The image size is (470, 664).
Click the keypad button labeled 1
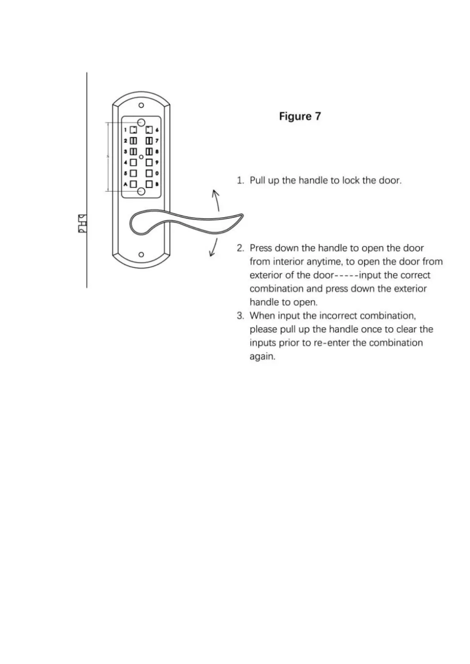click(x=133, y=130)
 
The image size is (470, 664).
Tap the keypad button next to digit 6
click(x=149, y=130)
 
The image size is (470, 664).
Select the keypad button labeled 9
click(x=149, y=162)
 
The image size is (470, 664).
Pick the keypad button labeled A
click(x=133, y=184)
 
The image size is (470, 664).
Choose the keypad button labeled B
click(x=149, y=184)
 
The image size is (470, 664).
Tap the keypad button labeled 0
click(x=149, y=173)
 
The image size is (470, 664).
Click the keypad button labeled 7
click(x=149, y=140)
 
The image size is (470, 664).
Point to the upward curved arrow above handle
click(x=216, y=200)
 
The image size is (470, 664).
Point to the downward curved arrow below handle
click(x=214, y=248)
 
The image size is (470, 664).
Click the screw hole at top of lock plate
click(x=141, y=105)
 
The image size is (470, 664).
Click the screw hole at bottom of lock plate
click(x=141, y=255)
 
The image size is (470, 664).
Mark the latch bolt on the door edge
click(x=82, y=224)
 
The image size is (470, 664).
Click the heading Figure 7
click(x=300, y=116)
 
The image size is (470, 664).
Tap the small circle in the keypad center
click(x=141, y=157)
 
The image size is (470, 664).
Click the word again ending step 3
click(x=262, y=356)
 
